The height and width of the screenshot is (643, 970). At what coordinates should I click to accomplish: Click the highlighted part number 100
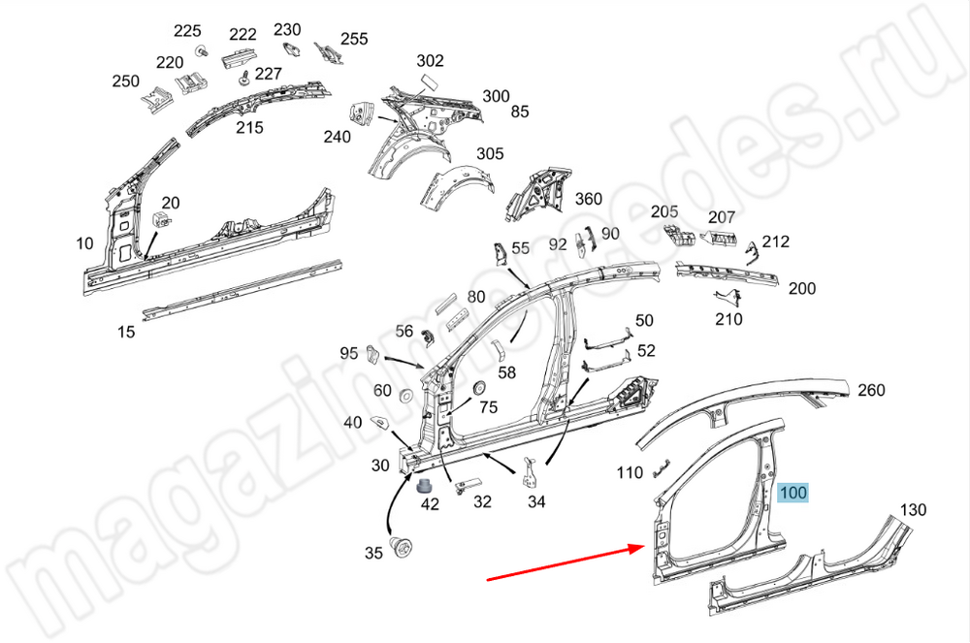793,493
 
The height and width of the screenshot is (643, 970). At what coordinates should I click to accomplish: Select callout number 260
871,390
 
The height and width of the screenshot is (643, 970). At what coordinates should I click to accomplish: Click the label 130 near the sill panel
913,510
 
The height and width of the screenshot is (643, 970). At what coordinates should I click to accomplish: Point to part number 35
373,554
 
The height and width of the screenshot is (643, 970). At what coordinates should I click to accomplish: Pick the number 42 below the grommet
429,503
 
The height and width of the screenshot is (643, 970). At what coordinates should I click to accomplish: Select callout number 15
126,332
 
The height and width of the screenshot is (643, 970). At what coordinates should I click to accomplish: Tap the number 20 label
171,203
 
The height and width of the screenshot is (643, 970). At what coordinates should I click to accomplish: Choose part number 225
187,30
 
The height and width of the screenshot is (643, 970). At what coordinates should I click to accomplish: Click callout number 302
430,61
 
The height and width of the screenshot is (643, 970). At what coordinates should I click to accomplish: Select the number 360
589,199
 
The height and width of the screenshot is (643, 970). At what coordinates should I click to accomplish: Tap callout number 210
728,319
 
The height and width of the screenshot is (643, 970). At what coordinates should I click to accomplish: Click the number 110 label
630,472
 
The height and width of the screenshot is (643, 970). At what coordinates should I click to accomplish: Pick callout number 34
536,501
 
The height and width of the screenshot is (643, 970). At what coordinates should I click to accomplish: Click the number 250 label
126,81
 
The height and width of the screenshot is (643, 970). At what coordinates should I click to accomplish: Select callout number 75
488,407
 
